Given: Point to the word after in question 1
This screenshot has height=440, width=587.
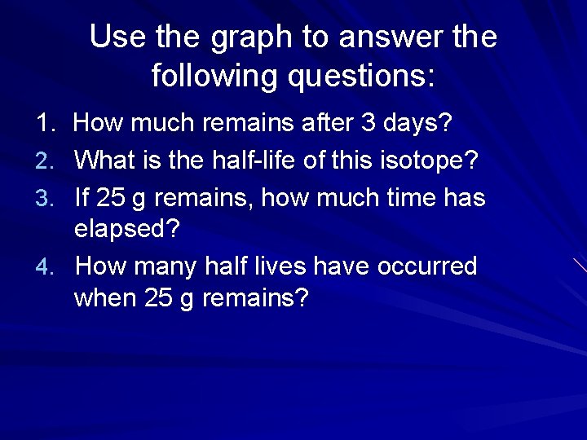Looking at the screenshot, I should [x=325, y=124].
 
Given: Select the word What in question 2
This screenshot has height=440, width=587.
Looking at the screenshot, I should [x=103, y=160].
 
